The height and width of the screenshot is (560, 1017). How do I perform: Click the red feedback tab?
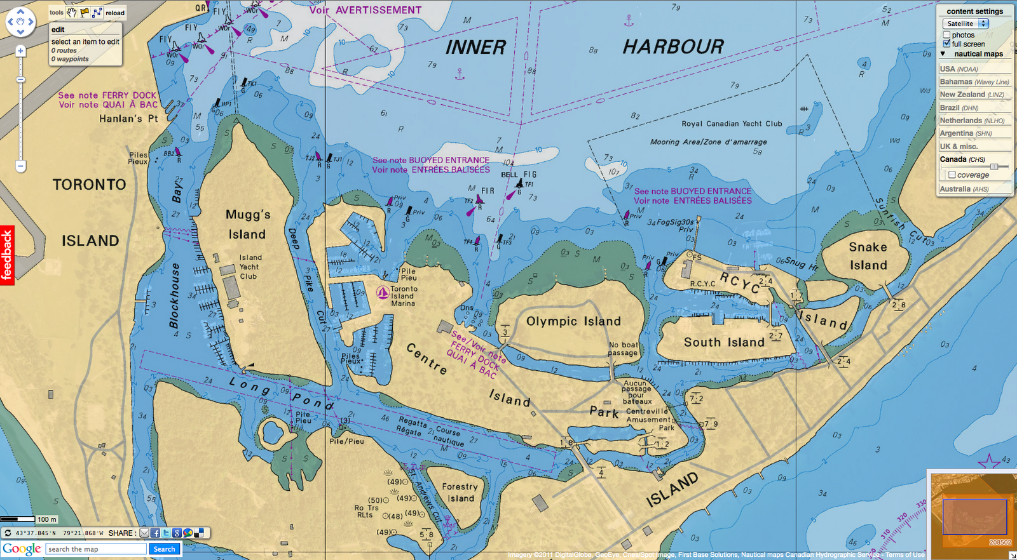click(x=7, y=255)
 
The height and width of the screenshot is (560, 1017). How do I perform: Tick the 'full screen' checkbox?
click(x=947, y=44)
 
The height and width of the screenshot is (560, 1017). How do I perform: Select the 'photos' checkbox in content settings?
click(x=947, y=35)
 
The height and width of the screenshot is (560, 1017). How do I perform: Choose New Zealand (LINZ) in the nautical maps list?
click(x=972, y=95)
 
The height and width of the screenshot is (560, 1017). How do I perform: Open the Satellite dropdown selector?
click(x=965, y=23)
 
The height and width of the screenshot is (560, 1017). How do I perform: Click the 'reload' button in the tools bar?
click(x=115, y=13)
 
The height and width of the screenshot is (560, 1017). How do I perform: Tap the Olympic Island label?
click(x=573, y=321)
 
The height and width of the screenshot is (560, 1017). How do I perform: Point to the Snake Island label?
click(x=868, y=256)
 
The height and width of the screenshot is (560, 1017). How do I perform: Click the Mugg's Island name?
click(x=247, y=224)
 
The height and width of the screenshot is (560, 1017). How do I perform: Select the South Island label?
click(x=724, y=342)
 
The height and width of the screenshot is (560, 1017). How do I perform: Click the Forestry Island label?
click(x=460, y=492)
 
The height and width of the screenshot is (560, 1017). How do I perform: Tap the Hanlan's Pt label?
click(x=128, y=119)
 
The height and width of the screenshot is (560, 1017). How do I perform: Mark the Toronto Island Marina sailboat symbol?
click(x=383, y=292)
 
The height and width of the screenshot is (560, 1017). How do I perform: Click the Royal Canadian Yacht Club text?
click(x=732, y=124)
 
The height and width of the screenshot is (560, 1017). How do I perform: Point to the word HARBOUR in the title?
click(x=673, y=47)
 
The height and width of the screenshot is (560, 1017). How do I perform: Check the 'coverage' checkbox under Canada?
click(x=952, y=175)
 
